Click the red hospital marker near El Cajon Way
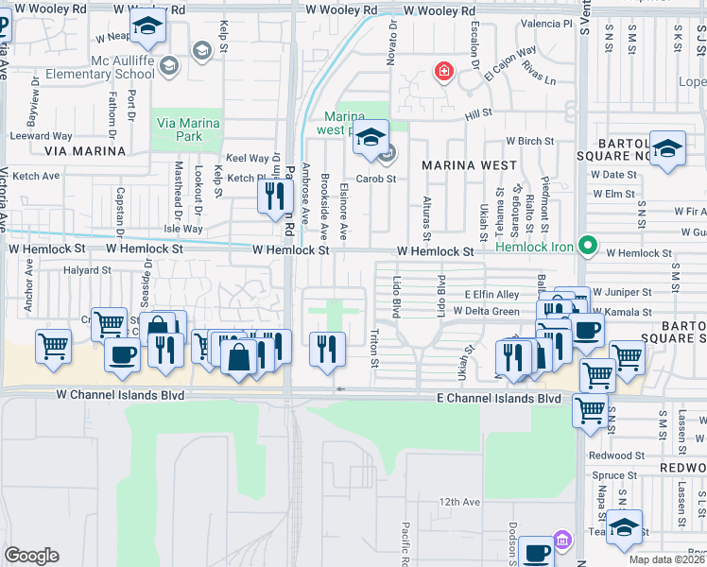441,71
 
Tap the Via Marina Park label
188,130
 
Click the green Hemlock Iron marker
588,248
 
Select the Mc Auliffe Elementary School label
110,67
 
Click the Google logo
31,556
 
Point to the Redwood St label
615,455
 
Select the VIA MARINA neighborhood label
85,150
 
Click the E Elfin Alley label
491,295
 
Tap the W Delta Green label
486,311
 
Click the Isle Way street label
183,229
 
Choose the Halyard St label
87,269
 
